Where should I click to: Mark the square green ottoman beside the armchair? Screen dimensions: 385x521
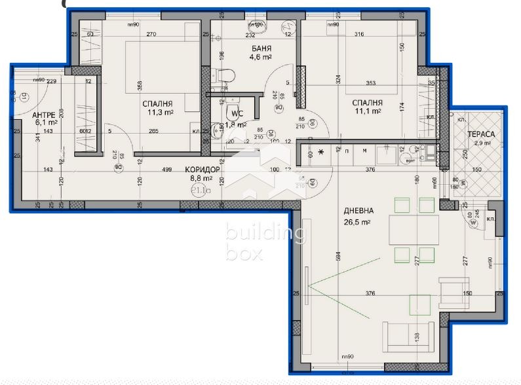pyautogui.click(x=419, y=303)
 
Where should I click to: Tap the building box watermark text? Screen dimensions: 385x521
pyautogui.click(x=263, y=242)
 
